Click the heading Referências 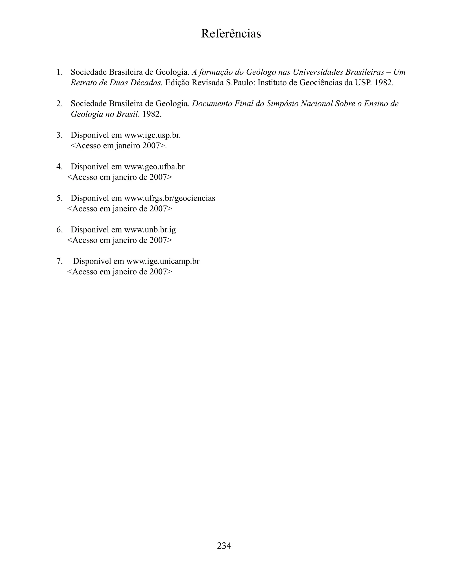tap(231, 34)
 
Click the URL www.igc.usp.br tap(152, 135)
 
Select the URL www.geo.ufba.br tap(154, 167)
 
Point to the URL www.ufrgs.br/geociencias tap(169, 198)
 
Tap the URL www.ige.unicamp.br tap(163, 261)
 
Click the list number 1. tap(59, 72)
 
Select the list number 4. tap(59, 167)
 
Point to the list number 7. tap(59, 261)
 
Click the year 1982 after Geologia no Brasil tap(152, 114)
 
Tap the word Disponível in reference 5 tap(90, 198)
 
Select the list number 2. tap(59, 104)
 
